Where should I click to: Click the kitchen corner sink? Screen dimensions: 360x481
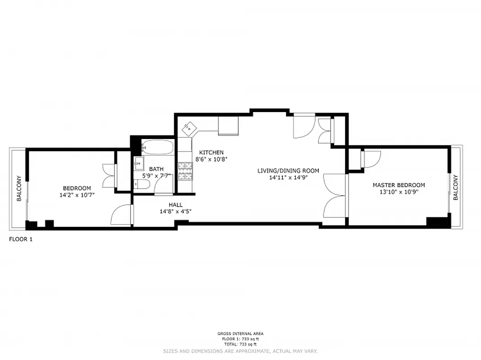189,129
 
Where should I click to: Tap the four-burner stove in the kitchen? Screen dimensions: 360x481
185,171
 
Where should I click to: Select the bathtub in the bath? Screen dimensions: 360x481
157,147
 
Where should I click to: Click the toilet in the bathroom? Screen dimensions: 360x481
142,184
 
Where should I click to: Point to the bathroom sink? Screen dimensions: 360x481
138,162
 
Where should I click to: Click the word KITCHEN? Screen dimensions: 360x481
211,153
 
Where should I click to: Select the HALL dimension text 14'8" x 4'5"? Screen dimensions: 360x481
176,211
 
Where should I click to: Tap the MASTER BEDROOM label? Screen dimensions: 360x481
398,185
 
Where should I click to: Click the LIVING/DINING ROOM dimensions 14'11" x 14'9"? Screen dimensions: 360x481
288,177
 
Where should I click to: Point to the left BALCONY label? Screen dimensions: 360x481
19,188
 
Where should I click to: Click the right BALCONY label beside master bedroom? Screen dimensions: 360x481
455,187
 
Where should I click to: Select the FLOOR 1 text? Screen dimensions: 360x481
21,239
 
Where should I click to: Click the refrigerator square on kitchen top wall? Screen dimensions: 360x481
228,126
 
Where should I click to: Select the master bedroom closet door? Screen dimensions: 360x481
371,158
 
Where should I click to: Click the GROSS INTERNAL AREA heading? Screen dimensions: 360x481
240,333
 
